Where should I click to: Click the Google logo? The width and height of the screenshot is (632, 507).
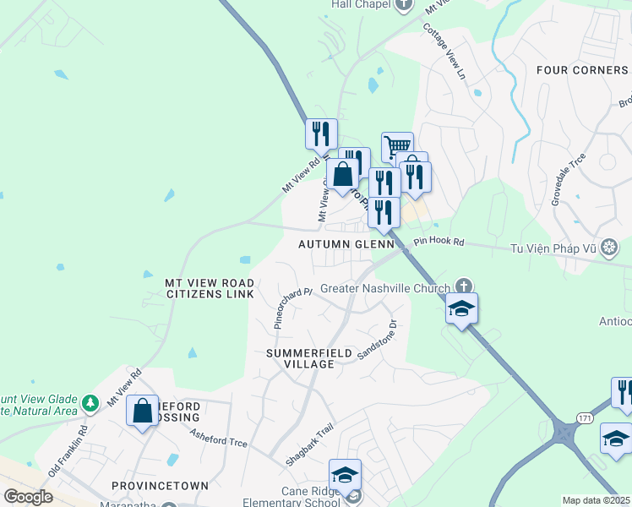tap(27, 496)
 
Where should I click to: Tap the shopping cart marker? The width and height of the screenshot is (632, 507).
tap(397, 147)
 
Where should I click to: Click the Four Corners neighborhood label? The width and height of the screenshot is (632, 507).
tap(582, 70)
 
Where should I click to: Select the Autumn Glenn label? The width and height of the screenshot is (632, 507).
tap(346, 244)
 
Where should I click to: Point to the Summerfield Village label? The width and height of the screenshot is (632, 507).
tap(300, 357)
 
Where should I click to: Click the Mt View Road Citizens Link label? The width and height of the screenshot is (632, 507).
tap(210, 287)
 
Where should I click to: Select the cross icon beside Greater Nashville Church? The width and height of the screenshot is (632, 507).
tap(463, 286)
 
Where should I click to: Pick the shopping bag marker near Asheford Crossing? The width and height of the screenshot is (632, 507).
tap(143, 412)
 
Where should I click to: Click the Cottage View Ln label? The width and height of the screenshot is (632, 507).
tap(444, 58)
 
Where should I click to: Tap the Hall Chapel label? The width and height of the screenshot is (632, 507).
tap(360, 4)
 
